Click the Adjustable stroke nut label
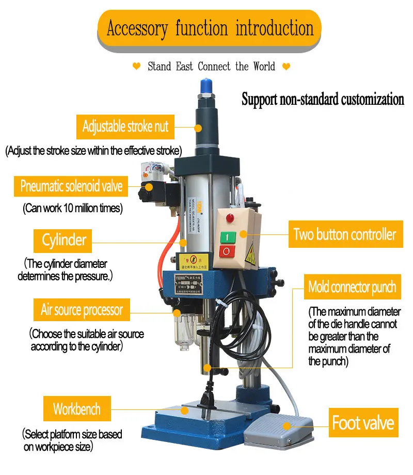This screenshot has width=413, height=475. [x=125, y=126]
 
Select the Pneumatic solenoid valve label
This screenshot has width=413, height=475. [x=71, y=186]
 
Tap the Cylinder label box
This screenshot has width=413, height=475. [x=62, y=241]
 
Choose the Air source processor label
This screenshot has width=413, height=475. [x=82, y=310]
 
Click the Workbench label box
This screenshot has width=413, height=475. [x=77, y=409]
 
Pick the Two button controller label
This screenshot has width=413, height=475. [x=346, y=234]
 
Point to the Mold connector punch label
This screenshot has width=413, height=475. [x=353, y=287]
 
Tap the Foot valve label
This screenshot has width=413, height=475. [x=363, y=422]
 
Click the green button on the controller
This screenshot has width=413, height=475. [x=228, y=237]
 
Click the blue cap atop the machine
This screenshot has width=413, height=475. [x=206, y=86]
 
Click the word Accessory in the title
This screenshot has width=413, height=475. [x=137, y=29]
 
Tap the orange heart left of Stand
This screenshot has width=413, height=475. [x=137, y=66]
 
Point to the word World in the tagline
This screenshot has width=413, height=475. [x=264, y=66]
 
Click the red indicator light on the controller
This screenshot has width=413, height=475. [x=230, y=217]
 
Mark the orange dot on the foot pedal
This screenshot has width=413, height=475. [x=287, y=426]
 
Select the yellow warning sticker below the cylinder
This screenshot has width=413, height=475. [x=193, y=261]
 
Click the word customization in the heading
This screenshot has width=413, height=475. [x=373, y=100]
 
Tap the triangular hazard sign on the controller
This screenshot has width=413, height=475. [x=250, y=254]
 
